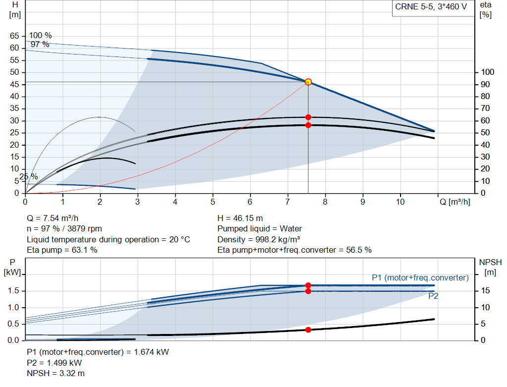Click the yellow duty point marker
pyautogui.click(x=308, y=82)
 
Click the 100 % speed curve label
pyautogui.click(x=40, y=36)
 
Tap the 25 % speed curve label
pyautogui.click(x=28, y=176)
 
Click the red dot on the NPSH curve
pyautogui.click(x=308, y=330)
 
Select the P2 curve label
pyautogui.click(x=433, y=296)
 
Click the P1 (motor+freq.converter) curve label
pyautogui.click(x=420, y=277)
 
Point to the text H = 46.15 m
pyautogui.click(x=240, y=218)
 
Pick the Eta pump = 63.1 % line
pyautogui.click(x=62, y=250)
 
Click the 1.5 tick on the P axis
pyautogui.click(x=13, y=291)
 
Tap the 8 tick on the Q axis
pyautogui.click(x=325, y=202)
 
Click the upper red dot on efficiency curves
pyautogui.click(x=308, y=117)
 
